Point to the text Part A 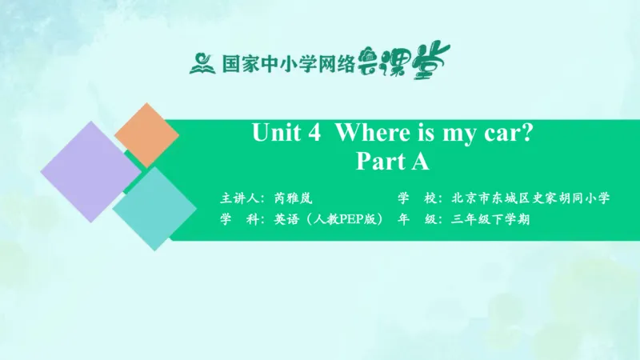click(392, 162)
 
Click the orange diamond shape click(146, 135)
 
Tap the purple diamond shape click(90, 173)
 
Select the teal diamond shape click(154, 209)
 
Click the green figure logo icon click(202, 62)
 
